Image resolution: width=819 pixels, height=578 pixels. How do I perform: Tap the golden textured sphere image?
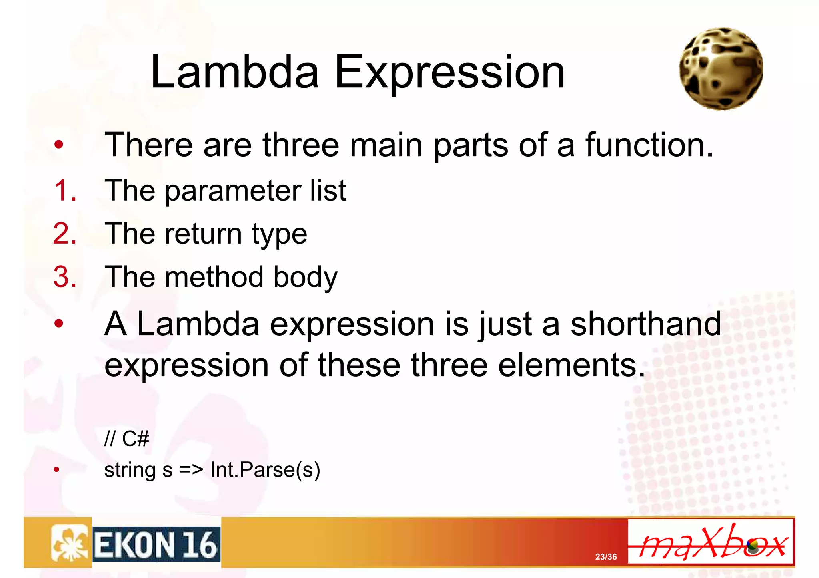pyautogui.click(x=721, y=69)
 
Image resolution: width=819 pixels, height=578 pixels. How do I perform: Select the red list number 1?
pyautogui.click(x=64, y=190)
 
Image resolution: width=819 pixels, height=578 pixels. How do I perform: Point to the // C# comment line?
pyautogui.click(x=126, y=439)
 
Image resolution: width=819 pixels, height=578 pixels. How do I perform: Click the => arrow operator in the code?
pyautogui.click(x=191, y=470)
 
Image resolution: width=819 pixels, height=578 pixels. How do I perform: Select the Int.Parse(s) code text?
pyautogui.click(x=265, y=470)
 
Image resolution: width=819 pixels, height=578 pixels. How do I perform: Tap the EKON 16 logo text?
pyautogui.click(x=156, y=545)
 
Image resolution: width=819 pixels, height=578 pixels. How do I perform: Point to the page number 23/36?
pyautogui.click(x=606, y=557)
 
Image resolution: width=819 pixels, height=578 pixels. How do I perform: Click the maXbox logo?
pyautogui.click(x=711, y=542)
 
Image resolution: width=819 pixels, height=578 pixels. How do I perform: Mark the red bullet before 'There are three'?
pyautogui.click(x=59, y=145)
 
